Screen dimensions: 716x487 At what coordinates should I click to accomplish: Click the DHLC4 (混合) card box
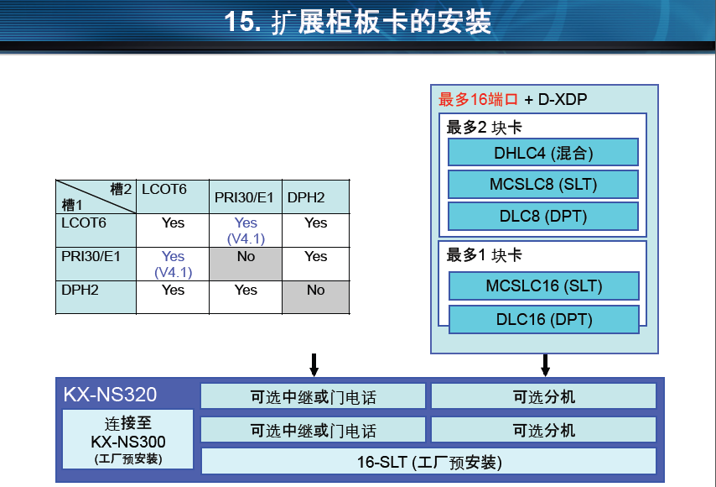point(543,152)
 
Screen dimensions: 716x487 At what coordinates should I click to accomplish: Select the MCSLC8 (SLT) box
point(543,184)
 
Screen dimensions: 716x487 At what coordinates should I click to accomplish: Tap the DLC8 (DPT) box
point(543,217)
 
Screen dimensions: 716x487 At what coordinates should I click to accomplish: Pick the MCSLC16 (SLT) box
point(544,285)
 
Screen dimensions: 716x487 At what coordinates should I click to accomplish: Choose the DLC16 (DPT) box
point(544,319)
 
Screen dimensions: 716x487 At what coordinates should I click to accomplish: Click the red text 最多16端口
point(478,99)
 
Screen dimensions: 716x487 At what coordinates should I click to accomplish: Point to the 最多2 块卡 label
point(484,128)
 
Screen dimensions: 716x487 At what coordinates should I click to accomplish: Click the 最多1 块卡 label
point(484,255)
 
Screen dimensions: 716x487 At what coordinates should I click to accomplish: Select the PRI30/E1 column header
point(244,197)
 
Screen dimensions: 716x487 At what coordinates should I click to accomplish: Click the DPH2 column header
point(306,197)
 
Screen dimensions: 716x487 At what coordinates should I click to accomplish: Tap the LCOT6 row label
point(84,223)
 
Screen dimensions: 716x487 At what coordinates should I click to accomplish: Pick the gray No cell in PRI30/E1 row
point(246,264)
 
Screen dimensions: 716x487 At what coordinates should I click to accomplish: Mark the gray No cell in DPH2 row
point(316,298)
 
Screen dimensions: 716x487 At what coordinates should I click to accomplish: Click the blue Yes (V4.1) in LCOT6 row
point(246,230)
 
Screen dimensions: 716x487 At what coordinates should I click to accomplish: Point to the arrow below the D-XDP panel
point(545,365)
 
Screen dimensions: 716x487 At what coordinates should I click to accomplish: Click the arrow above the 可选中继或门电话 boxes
point(314,365)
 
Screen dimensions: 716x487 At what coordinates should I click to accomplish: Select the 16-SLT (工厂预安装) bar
point(428,462)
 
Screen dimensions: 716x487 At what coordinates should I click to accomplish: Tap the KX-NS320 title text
point(110,394)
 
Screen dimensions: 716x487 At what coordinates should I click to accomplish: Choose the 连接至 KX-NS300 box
point(127,439)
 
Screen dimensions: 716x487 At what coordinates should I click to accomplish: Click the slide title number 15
point(242,22)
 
